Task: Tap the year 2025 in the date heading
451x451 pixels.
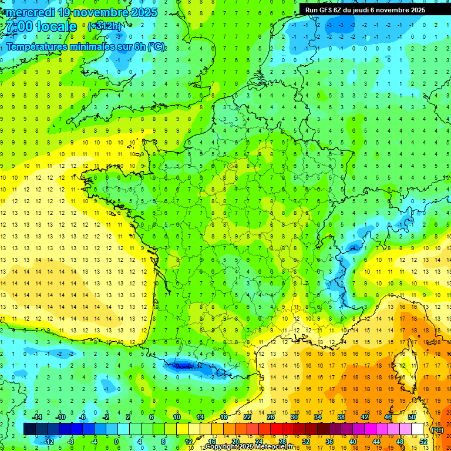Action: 140,12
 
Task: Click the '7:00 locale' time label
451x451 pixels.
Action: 40,26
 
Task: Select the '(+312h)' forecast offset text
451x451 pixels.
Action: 105,26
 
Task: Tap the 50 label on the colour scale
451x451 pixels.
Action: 412,416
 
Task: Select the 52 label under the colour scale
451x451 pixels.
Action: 423,441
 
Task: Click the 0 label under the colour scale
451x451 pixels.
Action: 117,441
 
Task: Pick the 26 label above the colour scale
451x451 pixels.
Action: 270,416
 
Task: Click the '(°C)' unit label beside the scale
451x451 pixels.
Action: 437,429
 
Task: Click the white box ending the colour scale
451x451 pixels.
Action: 418,429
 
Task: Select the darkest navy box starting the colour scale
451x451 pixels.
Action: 29,429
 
